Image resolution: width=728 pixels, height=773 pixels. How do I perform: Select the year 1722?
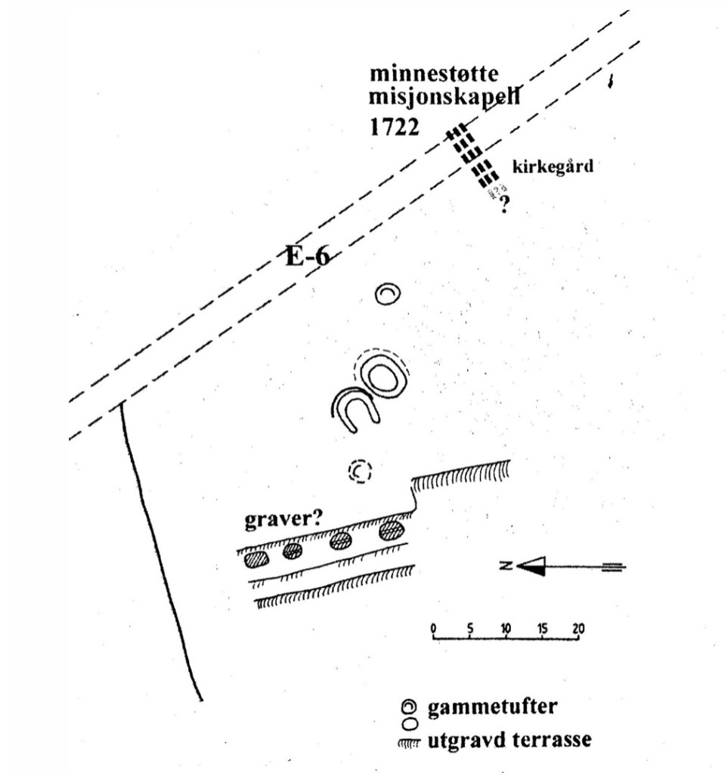(x=394, y=126)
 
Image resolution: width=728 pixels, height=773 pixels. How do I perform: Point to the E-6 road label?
(x=308, y=257)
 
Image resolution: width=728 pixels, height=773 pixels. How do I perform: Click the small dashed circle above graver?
(x=361, y=472)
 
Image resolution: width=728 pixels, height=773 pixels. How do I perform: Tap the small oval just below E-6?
(x=388, y=294)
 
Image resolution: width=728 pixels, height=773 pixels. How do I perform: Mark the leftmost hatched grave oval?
(x=256, y=560)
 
